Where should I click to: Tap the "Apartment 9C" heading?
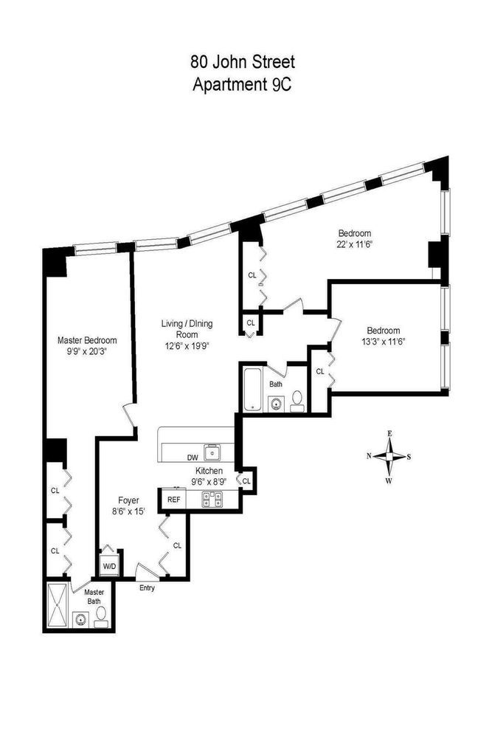tap(245, 83)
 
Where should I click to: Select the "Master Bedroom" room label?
tap(87, 340)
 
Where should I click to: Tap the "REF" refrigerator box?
tap(174, 500)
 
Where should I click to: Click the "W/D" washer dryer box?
tap(108, 566)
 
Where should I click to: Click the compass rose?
tap(389, 456)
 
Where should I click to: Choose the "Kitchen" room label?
tap(208, 471)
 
